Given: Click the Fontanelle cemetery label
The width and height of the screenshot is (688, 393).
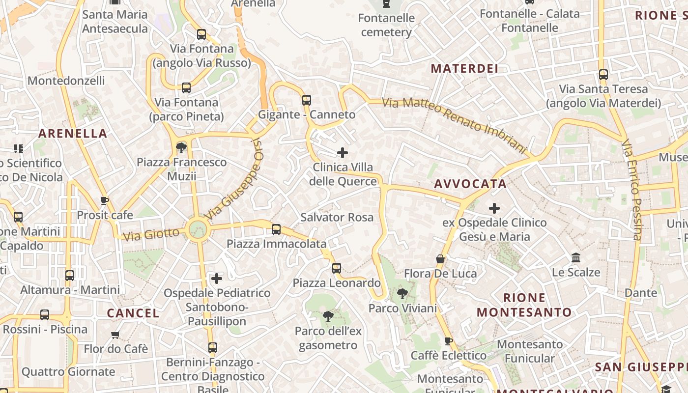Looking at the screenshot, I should point(386,25).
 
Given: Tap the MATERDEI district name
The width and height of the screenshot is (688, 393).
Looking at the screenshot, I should point(464,68).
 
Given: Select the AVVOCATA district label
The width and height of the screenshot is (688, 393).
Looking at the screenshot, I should point(470,184).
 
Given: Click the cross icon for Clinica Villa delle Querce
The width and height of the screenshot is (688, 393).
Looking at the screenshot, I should point(343,153).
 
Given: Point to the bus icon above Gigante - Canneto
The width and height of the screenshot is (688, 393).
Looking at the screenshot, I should point(307,100).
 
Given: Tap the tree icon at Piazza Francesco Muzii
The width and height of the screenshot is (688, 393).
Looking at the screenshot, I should point(181,147).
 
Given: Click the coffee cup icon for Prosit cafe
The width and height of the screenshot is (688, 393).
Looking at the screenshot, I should point(104,200).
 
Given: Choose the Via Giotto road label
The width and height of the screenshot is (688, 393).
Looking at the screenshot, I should point(151,234).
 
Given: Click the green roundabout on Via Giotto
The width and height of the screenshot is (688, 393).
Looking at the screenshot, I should point(198,229).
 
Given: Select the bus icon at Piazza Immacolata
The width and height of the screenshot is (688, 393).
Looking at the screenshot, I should point(276,229).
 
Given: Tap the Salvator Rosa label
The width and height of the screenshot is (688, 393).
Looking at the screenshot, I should point(337,217).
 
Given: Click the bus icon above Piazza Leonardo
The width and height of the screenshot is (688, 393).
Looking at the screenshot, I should point(337,268).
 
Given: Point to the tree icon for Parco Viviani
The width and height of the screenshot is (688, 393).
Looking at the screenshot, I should point(402,294).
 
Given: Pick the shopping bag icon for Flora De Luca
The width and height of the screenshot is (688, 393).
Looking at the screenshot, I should point(440,259).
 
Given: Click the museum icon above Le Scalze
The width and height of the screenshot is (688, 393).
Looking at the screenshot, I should point(576,257).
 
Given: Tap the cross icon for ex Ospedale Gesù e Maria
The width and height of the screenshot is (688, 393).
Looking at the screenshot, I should point(494,208).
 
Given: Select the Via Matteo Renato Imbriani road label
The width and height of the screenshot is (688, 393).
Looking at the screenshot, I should point(454,123).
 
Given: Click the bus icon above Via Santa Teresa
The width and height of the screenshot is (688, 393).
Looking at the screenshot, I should point(603,75).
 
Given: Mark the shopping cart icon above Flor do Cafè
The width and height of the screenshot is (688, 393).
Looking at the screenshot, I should point(115,335).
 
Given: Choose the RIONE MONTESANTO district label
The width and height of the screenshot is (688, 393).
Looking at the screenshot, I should point(524,305).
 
